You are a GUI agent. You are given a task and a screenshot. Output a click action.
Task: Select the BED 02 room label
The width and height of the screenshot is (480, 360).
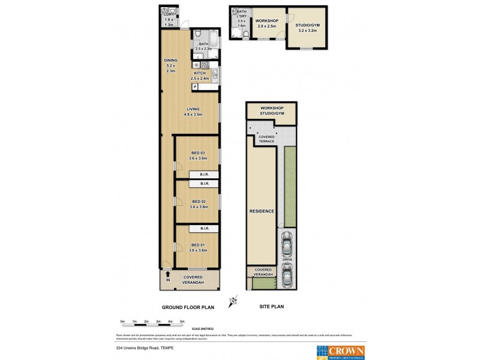click(198, 204)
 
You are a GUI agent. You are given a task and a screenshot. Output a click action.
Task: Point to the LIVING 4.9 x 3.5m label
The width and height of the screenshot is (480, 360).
click(193, 112)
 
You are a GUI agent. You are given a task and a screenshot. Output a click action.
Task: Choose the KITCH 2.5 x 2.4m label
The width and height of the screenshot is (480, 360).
click(199, 76)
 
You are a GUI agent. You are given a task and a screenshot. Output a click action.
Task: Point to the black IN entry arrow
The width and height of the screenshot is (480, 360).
click(168, 274)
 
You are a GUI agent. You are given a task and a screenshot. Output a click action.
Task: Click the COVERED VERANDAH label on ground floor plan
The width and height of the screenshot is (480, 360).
click(193, 280)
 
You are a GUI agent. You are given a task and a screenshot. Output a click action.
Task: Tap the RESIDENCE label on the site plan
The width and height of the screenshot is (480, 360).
click(262, 211)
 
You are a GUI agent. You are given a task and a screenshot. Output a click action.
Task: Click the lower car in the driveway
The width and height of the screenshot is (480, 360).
click(287, 275)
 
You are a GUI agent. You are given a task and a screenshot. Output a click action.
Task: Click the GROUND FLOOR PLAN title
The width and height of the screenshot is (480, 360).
click(188, 307)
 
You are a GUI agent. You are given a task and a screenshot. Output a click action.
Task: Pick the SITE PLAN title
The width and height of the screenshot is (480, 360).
click(271, 307)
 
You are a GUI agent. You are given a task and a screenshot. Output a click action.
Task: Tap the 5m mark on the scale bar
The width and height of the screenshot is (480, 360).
click(182, 322)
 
